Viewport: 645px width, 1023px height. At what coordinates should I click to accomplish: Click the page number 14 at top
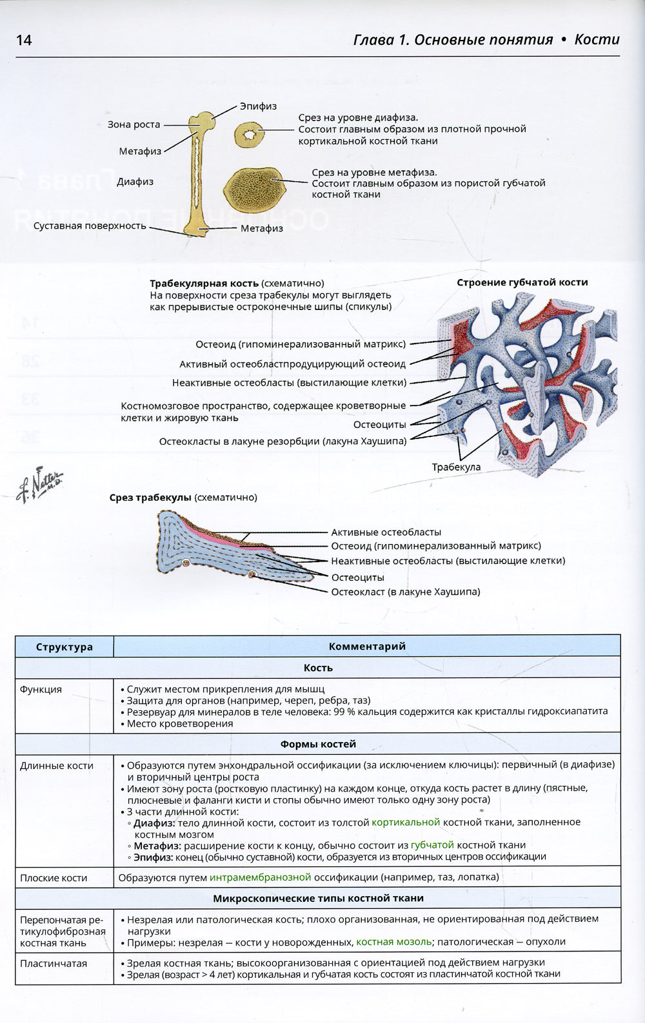pyautogui.click(x=24, y=40)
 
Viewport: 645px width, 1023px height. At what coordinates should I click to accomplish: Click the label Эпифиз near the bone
pyautogui.click(x=258, y=106)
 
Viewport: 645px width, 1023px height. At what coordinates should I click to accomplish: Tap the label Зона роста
pyautogui.click(x=134, y=124)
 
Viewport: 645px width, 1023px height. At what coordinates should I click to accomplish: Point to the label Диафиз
pyautogui.click(x=135, y=182)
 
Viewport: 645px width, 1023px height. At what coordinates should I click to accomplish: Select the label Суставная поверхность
pyautogui.click(x=90, y=226)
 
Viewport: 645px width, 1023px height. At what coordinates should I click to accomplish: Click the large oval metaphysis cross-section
pyautogui.click(x=254, y=188)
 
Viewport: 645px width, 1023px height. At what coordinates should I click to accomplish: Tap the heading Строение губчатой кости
pyautogui.click(x=522, y=282)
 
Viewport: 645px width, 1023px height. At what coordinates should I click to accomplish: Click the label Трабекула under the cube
pyautogui.click(x=456, y=467)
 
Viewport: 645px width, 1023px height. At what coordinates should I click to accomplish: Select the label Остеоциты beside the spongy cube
pyautogui.click(x=379, y=425)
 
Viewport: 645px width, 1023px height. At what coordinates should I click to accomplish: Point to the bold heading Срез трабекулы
pyautogui.click(x=150, y=498)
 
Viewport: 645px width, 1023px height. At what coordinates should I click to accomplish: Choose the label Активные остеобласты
pyautogui.click(x=386, y=532)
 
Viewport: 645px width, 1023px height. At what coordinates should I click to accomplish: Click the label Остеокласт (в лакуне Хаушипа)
pyautogui.click(x=405, y=592)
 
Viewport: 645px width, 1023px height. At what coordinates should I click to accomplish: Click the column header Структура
pyautogui.click(x=64, y=647)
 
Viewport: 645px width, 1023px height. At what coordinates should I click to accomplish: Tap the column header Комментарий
pyautogui.click(x=366, y=647)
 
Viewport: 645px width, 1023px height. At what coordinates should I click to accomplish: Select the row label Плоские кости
pyautogui.click(x=54, y=878)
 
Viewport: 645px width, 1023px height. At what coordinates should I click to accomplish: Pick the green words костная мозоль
pyautogui.click(x=393, y=942)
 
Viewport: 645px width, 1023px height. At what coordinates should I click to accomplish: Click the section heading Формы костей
pyautogui.click(x=318, y=744)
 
